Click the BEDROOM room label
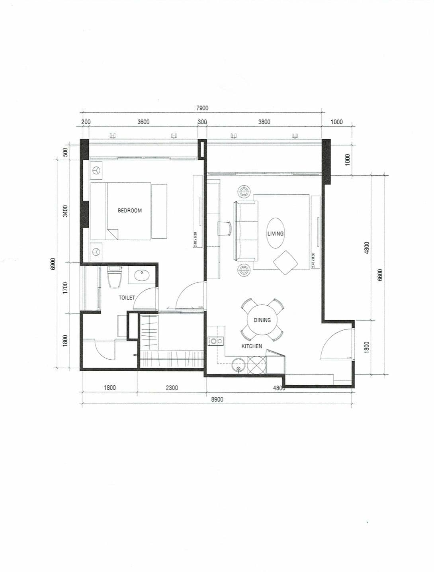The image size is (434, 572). (x=129, y=210)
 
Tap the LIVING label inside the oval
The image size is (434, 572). (x=275, y=233)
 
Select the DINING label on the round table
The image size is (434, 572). (x=262, y=320)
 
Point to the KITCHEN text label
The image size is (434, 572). (x=252, y=346)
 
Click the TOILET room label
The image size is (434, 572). (x=127, y=298)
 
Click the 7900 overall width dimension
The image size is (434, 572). (x=202, y=108)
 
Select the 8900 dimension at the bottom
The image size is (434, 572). (x=217, y=399)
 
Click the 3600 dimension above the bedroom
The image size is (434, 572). (x=143, y=122)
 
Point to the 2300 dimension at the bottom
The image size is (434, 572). (x=172, y=388)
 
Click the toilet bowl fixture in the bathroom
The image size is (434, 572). (x=115, y=278)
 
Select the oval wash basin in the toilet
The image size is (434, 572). (x=142, y=275)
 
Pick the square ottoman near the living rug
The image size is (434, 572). (x=285, y=262)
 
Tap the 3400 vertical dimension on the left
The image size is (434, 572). (x=65, y=211)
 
